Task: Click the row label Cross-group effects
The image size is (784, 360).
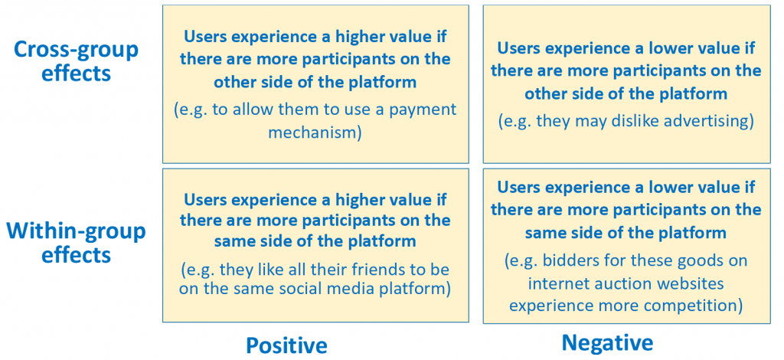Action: [x=76, y=61]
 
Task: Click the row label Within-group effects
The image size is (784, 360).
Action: [x=76, y=243]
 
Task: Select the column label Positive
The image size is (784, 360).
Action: [x=286, y=345]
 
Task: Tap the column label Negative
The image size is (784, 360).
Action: [x=607, y=343]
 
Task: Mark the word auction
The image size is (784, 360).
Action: [x=627, y=284]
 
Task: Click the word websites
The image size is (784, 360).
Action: [x=693, y=284]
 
